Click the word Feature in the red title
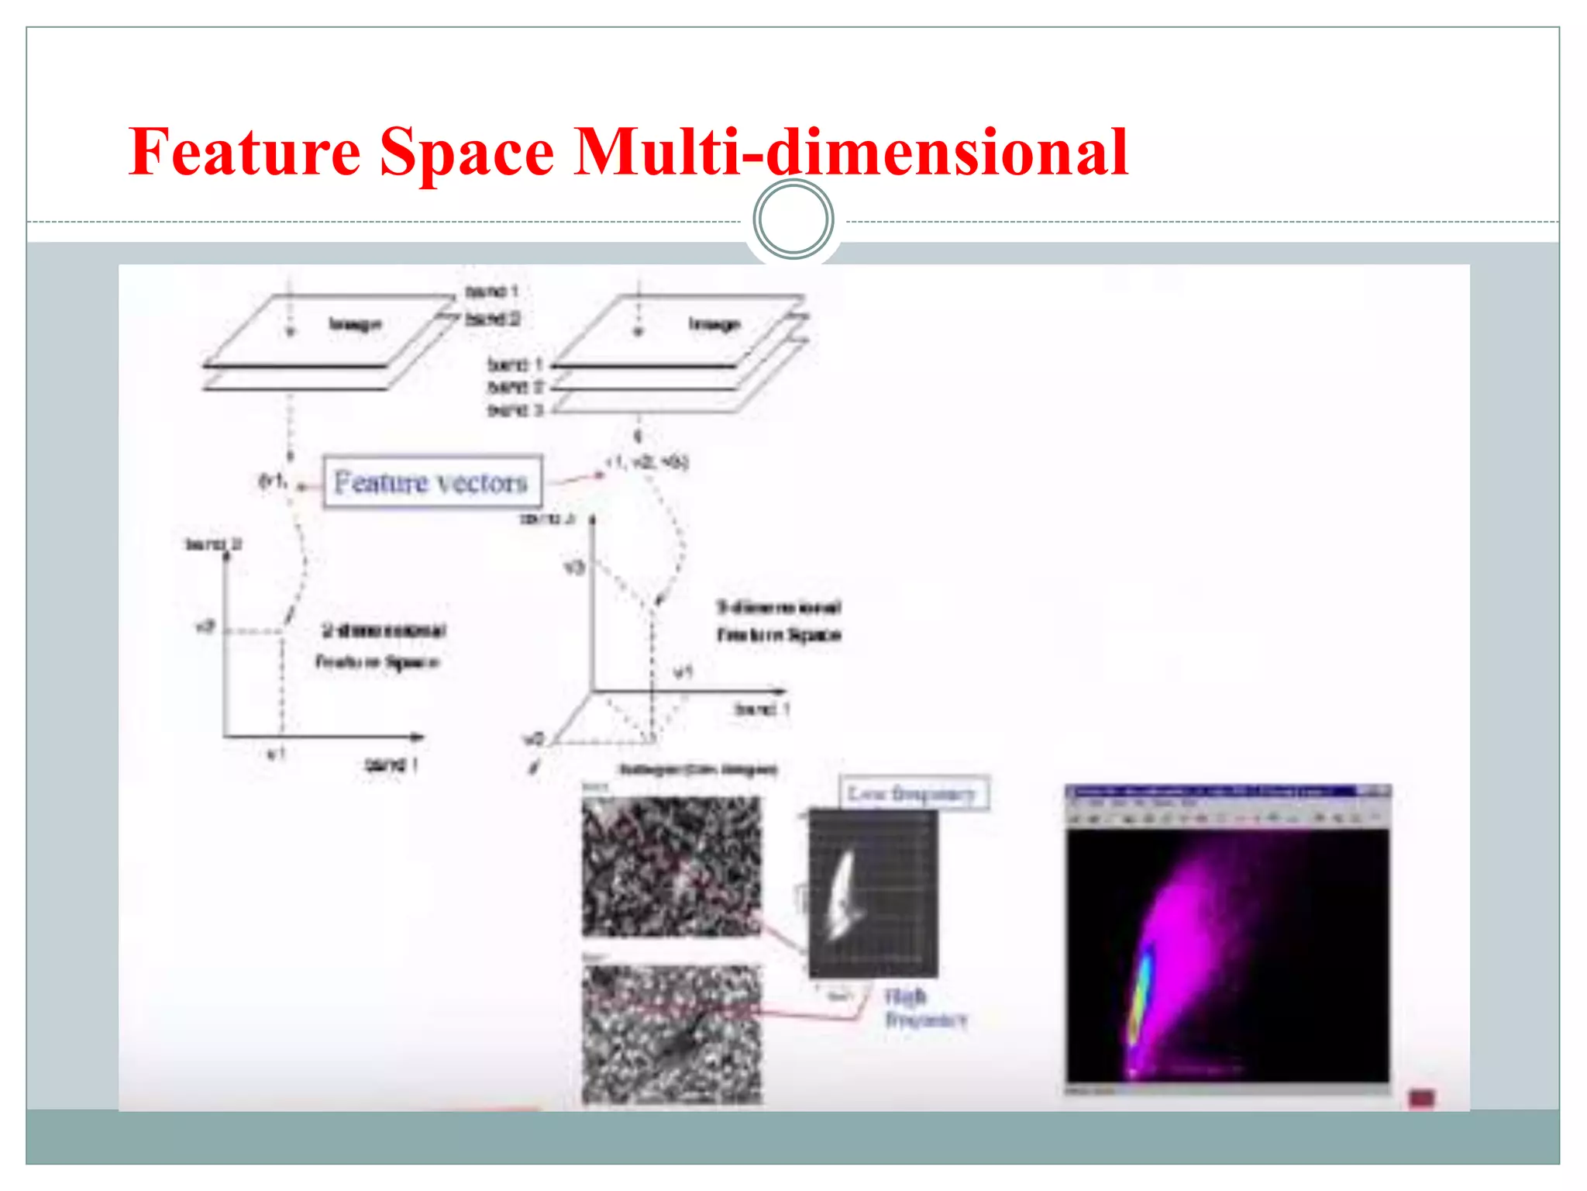(244, 151)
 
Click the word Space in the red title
(466, 151)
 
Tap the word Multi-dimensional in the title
(850, 151)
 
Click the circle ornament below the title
(793, 219)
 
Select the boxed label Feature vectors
(432, 482)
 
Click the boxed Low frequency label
(913, 793)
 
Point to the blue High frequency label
(924, 1006)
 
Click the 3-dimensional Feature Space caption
(778, 620)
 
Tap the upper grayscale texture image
(671, 866)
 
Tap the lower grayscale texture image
(671, 1034)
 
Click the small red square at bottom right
(1421, 1098)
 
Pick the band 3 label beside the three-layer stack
(515, 409)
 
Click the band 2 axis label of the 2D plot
(213, 544)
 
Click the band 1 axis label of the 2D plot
(391, 765)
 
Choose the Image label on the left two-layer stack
(356, 324)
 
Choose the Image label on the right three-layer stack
(714, 324)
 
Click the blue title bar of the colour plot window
(1209, 792)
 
